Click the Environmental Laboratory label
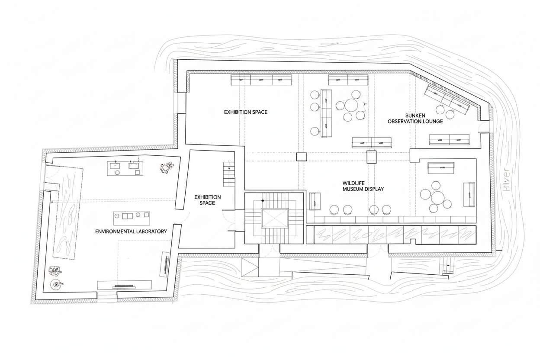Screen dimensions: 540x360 131,231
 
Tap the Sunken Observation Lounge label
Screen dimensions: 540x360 415,119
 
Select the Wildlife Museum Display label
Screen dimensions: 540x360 363,186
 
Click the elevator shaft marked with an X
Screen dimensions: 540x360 275,218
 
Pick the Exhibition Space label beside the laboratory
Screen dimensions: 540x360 207,200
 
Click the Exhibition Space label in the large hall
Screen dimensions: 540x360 246,112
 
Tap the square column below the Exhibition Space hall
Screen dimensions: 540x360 302,157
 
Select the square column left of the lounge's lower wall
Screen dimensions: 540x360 372,157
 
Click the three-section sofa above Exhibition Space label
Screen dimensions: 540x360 261,80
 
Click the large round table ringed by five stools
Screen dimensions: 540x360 351,106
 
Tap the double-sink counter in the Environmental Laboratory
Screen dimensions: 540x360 125,168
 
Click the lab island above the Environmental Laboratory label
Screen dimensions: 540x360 132,218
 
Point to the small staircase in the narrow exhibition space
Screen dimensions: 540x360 229,174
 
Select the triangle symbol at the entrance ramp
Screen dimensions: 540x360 250,267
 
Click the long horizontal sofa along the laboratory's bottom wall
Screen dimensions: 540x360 124,285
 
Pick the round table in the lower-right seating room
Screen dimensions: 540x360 438,198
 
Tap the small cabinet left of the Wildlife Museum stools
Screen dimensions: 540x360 315,201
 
